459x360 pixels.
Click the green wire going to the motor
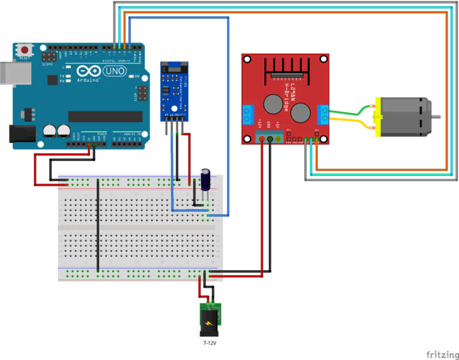coord(350,110)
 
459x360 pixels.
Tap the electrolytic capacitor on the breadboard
coord(205,179)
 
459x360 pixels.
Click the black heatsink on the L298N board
coord(287,68)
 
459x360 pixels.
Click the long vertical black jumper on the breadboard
coord(97,225)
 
